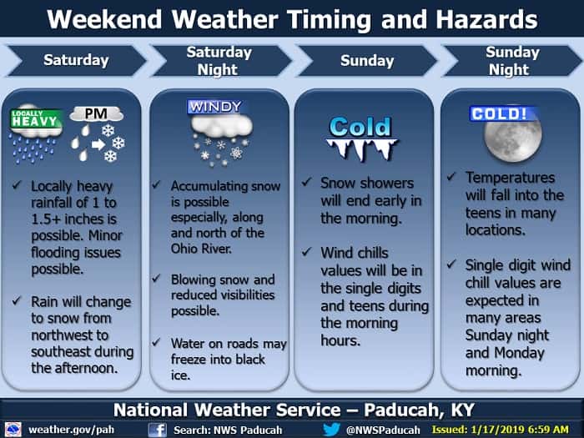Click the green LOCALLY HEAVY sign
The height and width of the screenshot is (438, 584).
[36, 118]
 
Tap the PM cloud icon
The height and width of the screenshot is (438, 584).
[97, 113]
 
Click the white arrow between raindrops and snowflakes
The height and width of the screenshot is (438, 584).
[98, 143]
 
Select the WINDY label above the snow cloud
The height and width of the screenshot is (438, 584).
[215, 107]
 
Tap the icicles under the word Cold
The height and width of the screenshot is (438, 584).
[360, 149]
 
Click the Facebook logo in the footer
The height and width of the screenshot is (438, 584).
[157, 430]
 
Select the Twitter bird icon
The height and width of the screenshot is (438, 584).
[331, 429]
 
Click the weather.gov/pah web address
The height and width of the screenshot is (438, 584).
[71, 430]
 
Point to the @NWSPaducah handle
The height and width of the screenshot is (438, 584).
[382, 430]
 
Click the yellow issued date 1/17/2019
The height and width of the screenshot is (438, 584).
[500, 430]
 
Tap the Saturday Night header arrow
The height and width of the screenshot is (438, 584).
[221, 61]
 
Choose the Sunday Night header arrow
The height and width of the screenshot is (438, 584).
[512, 61]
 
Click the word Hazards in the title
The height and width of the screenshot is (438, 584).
[486, 19]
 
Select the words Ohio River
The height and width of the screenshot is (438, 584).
[201, 248]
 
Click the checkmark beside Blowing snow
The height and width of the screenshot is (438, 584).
[157, 278]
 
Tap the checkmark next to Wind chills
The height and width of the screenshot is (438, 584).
[306, 252]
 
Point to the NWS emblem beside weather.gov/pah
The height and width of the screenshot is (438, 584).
[13, 430]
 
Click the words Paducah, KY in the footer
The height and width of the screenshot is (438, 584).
[419, 410]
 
